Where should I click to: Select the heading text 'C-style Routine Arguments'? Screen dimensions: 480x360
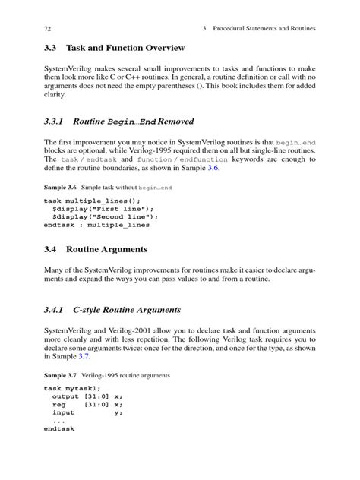pyautogui.click(x=127, y=311)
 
